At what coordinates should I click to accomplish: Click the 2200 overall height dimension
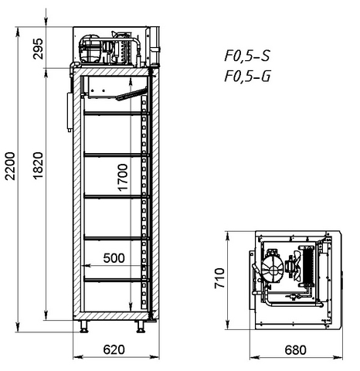[x=11, y=166]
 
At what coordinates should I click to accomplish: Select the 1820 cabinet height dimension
[x=39, y=166]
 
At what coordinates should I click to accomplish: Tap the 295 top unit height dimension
[x=39, y=49]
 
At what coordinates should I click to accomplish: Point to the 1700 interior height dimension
[x=123, y=177]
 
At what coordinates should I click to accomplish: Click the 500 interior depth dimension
[x=114, y=258]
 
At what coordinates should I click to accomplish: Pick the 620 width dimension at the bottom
[x=114, y=349]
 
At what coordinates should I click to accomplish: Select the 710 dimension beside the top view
[x=219, y=278]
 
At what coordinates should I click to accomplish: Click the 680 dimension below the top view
[x=295, y=350]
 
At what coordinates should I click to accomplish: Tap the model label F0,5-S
[x=247, y=56]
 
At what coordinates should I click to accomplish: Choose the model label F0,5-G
[x=247, y=77]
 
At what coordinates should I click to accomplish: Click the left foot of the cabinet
[x=84, y=327]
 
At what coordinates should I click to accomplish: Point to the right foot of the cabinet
[x=141, y=327]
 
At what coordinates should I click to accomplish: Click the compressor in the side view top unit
[x=90, y=49]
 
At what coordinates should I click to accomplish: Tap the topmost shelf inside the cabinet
[x=116, y=113]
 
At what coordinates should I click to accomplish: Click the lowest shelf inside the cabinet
[x=116, y=279]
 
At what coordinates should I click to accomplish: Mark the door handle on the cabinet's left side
[x=70, y=112]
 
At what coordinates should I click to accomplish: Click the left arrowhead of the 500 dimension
[x=87, y=265]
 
